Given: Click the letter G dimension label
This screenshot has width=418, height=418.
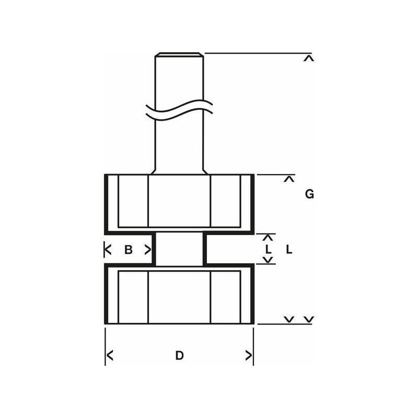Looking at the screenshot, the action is click(309, 194).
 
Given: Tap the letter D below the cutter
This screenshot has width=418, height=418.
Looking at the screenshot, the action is click(179, 355).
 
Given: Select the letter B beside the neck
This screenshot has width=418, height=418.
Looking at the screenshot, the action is click(129, 250).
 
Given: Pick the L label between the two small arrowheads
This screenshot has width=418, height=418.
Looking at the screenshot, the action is click(268, 250).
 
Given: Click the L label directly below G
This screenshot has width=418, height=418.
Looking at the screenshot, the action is click(289, 250).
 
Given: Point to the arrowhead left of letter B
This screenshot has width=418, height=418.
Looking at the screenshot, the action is click(108, 250).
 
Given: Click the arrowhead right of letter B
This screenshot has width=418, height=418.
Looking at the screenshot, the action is click(148, 250).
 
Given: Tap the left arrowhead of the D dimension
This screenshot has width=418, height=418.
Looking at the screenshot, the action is click(110, 355).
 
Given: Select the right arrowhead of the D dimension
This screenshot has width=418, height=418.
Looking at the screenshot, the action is click(249, 355).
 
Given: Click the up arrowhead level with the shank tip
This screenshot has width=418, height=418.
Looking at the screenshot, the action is click(309, 59).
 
